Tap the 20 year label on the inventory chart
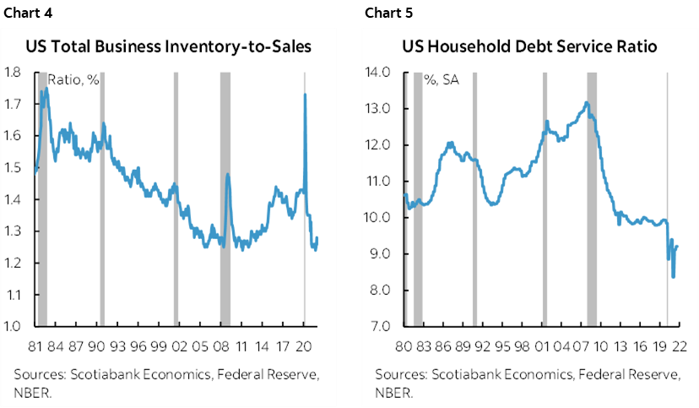[x=305, y=345]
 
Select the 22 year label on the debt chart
[x=680, y=345]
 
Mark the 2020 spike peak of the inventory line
[x=305, y=95]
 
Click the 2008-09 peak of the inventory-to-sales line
[x=227, y=175]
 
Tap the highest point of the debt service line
[x=586, y=103]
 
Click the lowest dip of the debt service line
[x=673, y=276]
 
